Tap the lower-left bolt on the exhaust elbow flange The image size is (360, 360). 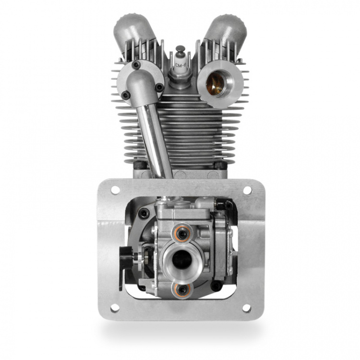(x=126, y=95)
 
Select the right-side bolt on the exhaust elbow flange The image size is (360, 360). (x=158, y=87)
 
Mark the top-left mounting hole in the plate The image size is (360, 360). (x=115, y=190)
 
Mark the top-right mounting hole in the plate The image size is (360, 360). (x=247, y=190)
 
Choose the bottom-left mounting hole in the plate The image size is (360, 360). (x=115, y=307)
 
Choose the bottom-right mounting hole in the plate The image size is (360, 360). (x=247, y=307)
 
